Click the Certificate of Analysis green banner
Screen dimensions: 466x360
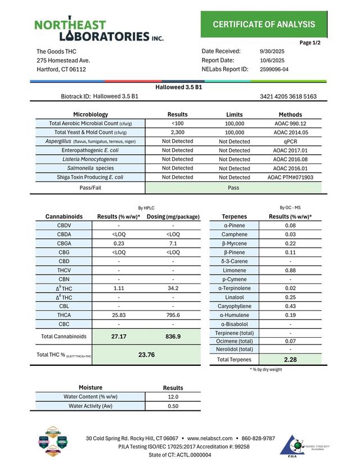point(264,24)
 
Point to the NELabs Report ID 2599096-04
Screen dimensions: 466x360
point(274,69)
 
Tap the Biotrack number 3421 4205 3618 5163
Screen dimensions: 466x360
point(288,96)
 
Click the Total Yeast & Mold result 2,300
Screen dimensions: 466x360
point(177,132)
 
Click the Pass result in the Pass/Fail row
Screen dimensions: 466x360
point(234,188)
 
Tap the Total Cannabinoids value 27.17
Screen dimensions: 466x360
point(119,336)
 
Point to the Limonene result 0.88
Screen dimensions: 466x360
point(290,270)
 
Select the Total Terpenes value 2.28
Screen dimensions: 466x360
point(290,359)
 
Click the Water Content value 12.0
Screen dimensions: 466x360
point(173,397)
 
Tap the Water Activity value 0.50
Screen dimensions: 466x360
point(173,406)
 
